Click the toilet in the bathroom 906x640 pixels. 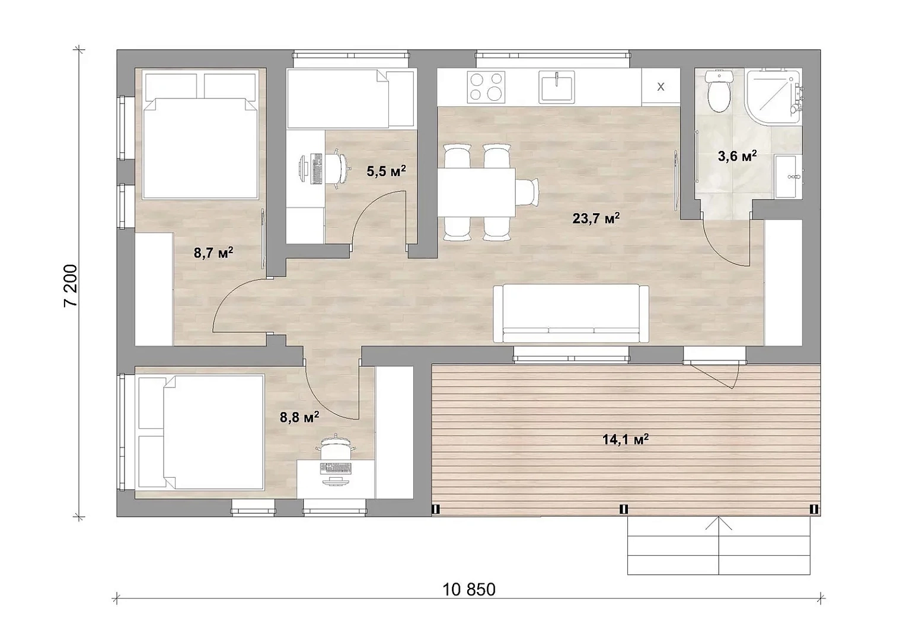pos(718,92)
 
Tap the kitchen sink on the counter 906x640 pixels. pos(557,87)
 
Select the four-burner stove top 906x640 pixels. pos(486,87)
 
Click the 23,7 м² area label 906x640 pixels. pos(596,218)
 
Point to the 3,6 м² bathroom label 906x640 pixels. pos(738,156)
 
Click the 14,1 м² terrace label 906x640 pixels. pos(626,439)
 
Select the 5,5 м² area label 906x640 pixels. pos(386,171)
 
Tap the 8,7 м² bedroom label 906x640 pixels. pos(213,253)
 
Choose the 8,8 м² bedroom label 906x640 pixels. pos(299,417)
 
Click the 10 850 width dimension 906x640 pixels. pos(469,590)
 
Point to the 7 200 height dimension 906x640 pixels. pos(70,286)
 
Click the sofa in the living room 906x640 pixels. pos(571,313)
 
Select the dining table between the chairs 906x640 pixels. pos(476,193)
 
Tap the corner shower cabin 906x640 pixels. pos(773,96)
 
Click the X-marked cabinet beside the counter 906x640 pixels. pos(661,87)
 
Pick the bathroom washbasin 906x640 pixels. pos(787,176)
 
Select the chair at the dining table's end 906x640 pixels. pos(528,192)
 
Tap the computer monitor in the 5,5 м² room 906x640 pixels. pos(303,169)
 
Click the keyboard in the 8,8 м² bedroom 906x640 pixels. pos(335,468)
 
